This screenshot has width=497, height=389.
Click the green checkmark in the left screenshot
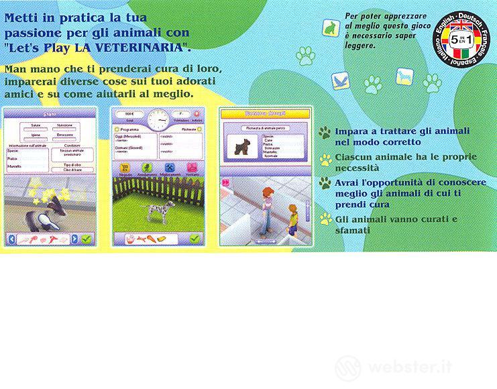(x=87, y=238)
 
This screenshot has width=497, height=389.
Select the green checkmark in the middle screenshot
(x=196, y=237)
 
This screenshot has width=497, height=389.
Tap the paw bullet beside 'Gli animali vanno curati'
(x=325, y=219)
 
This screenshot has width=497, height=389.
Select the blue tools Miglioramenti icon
(x=170, y=167)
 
